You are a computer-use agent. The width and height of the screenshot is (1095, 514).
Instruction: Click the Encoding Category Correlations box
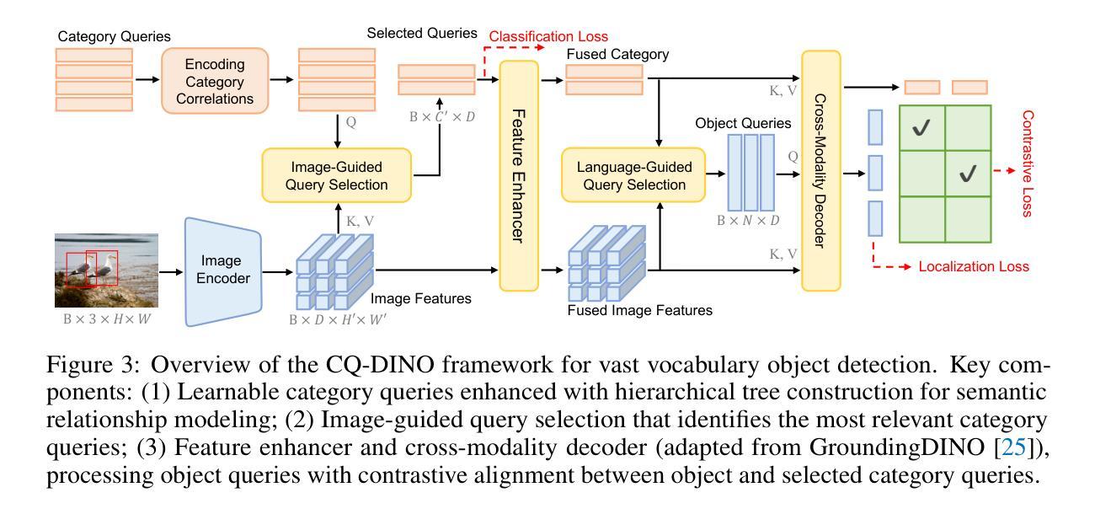click(215, 82)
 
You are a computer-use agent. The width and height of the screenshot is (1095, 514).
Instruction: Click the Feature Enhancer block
click(519, 176)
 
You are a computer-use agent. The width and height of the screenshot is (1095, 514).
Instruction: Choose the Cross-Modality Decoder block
click(820, 170)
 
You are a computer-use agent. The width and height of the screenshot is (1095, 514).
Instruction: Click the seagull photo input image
click(106, 270)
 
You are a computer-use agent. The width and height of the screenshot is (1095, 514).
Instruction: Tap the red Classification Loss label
click(548, 37)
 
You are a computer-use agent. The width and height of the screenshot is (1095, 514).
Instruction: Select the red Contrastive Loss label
click(1026, 163)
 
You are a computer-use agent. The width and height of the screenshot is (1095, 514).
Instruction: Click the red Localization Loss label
click(974, 267)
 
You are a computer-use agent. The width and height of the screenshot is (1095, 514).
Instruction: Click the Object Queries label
click(743, 123)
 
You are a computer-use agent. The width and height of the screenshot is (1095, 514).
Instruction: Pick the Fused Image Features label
click(639, 310)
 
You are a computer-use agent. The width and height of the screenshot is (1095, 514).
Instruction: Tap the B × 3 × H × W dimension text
click(106, 320)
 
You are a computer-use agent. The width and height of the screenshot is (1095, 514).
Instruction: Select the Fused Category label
click(617, 55)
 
